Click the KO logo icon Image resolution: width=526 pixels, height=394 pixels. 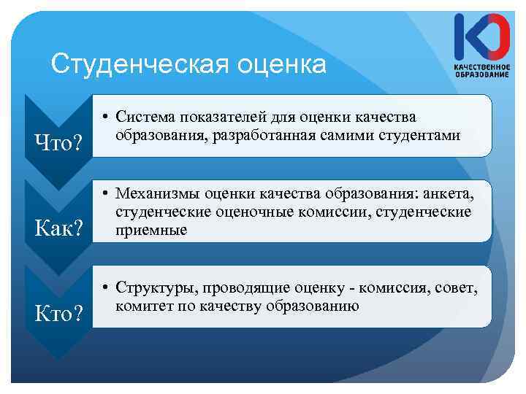pyautogui.click(x=481, y=37)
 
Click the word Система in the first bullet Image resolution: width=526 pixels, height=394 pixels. pyautogui.click(x=148, y=117)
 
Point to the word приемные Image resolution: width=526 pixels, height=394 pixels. pyautogui.click(x=151, y=230)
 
